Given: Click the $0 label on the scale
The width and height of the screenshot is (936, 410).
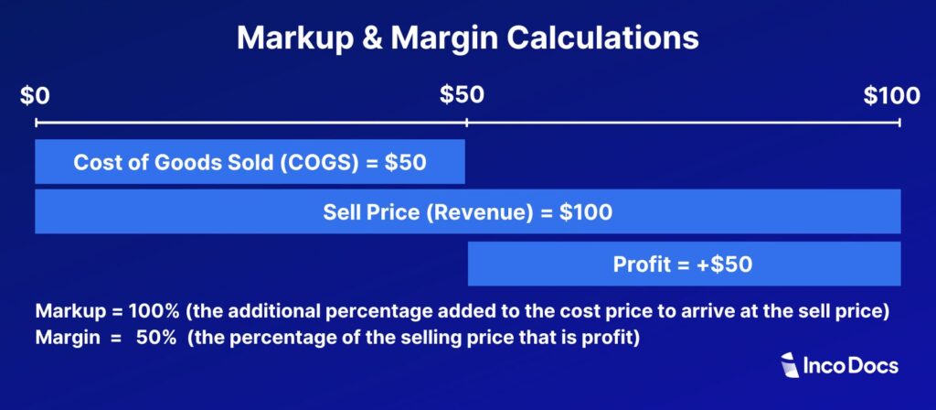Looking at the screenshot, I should tap(37, 94).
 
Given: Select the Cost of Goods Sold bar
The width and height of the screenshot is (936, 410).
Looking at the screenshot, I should tap(250, 162).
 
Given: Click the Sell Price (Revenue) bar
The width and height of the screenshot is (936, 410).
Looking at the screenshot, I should tap(467, 211).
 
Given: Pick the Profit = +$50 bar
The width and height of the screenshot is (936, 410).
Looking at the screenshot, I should tap(684, 264).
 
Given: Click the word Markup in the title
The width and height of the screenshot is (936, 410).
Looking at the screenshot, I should tap(286, 38).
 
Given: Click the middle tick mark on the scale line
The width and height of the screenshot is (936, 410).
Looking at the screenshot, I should tap(467, 122).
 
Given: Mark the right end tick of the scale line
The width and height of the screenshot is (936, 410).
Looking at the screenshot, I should tap(900, 122).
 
